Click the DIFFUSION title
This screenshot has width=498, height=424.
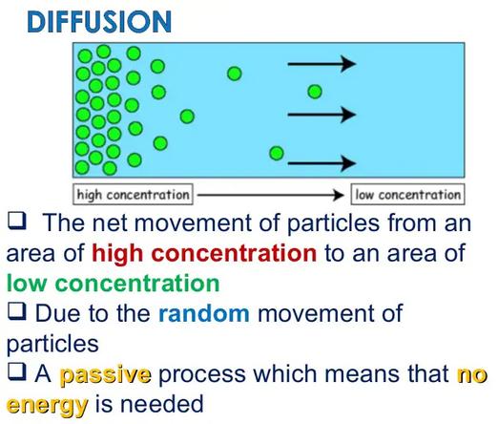coord(99,22)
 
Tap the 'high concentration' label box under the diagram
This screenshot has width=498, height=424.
coord(133,194)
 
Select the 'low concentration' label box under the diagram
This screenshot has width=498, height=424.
coord(407,194)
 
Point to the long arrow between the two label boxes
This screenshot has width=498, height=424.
coord(271,195)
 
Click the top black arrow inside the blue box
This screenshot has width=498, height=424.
coord(322,64)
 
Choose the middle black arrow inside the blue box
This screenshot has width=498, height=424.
coord(322,115)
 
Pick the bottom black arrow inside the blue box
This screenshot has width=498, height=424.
coord(322,163)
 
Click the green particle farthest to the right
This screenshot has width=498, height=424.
coord(315,92)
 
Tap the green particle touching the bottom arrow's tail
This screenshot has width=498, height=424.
coord(277,153)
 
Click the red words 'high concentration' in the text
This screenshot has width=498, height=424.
coord(204,253)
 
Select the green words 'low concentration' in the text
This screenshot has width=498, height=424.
coord(114,283)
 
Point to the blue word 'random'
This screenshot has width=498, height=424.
coord(204,313)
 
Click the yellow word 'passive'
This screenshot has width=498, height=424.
coord(105,374)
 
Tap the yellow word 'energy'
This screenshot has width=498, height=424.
coord(47,405)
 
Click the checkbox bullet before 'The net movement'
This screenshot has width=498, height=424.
coord(17,221)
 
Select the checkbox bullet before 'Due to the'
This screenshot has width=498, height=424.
coord(17,311)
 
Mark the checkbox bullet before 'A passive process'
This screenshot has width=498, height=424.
coord(17,371)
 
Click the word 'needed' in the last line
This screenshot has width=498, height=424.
coord(161,404)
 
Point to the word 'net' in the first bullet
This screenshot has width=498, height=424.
coord(110,223)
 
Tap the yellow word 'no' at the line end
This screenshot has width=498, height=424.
coord(472,375)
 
